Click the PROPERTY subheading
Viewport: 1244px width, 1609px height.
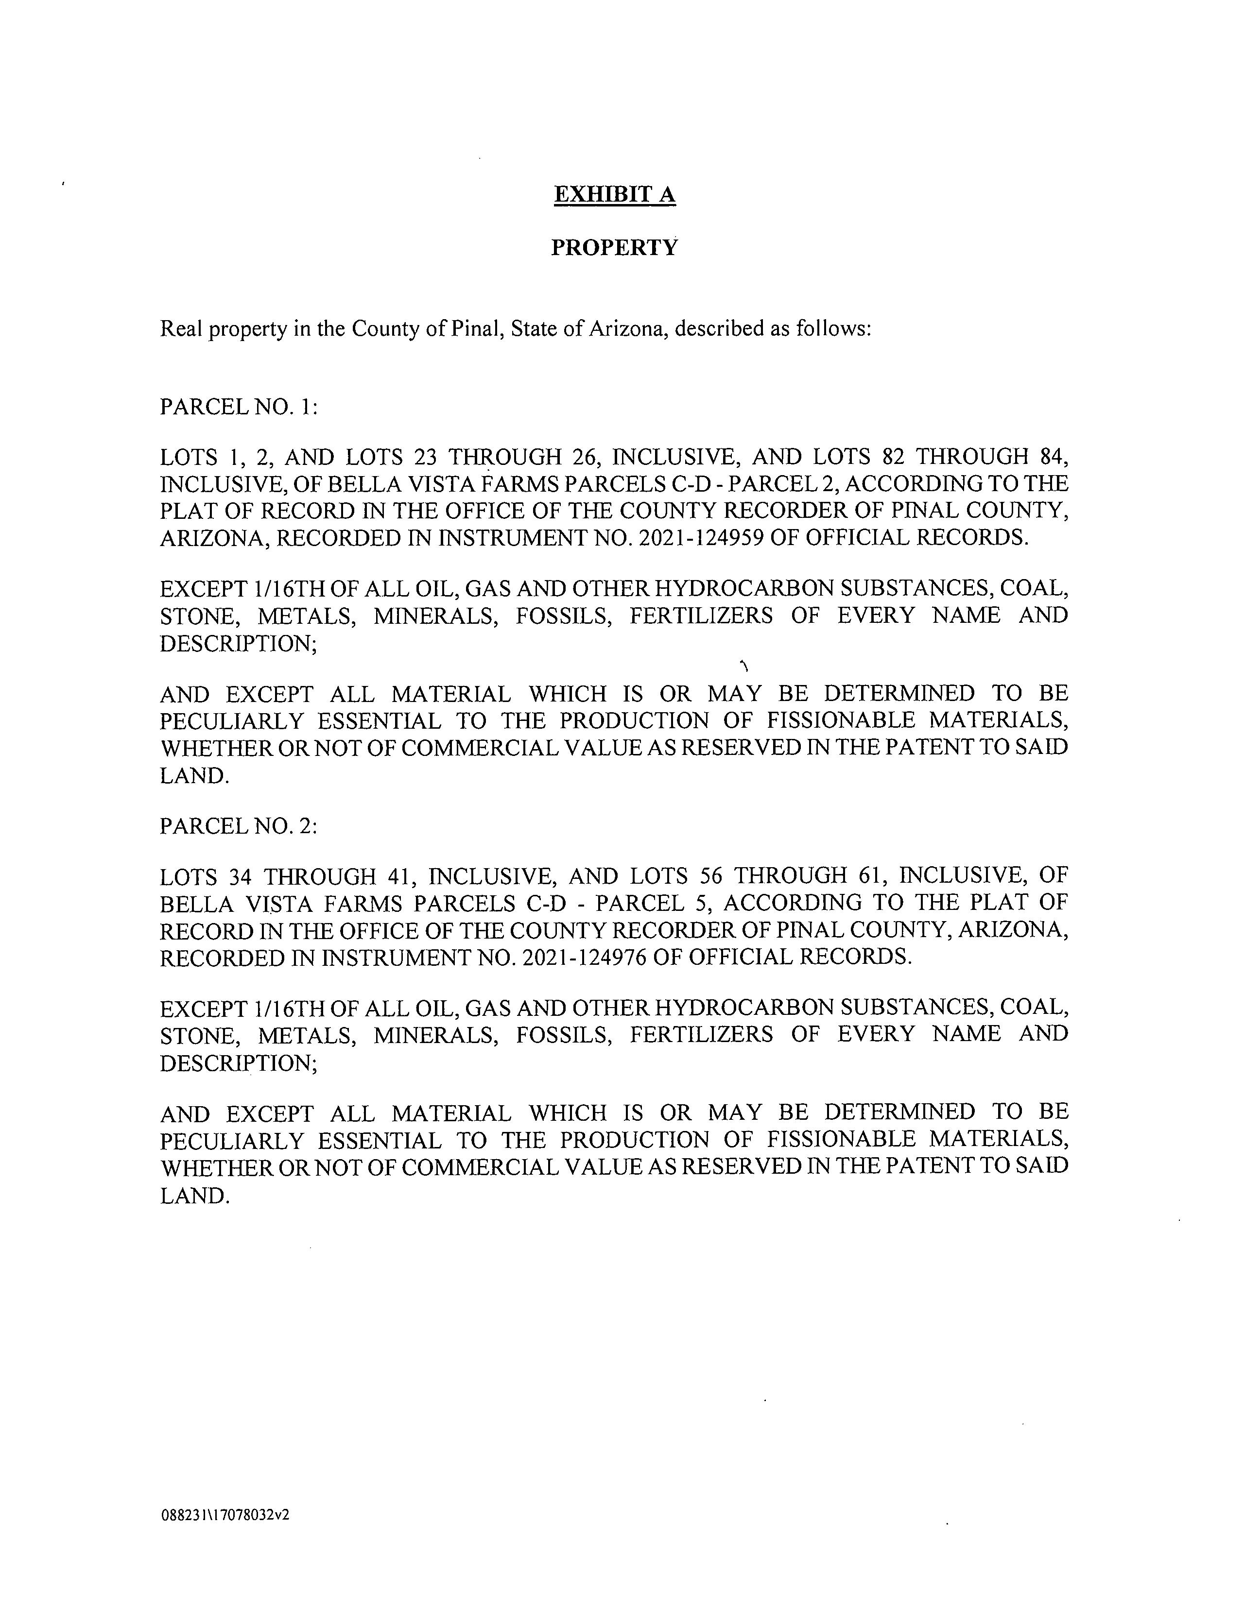(615, 248)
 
